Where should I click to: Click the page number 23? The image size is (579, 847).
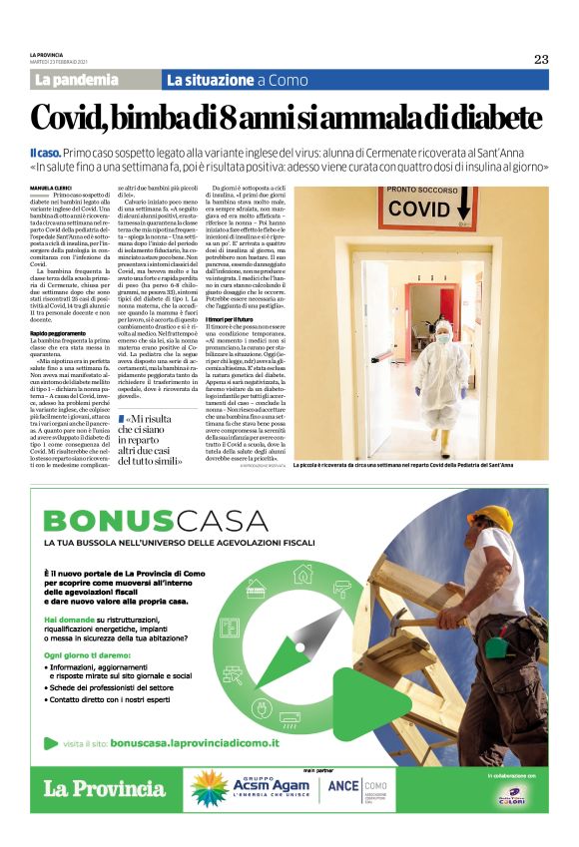(540, 59)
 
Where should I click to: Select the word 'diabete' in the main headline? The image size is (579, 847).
(482, 117)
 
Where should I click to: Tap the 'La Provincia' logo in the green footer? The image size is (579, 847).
(104, 788)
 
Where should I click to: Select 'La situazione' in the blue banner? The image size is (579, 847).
(210, 80)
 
